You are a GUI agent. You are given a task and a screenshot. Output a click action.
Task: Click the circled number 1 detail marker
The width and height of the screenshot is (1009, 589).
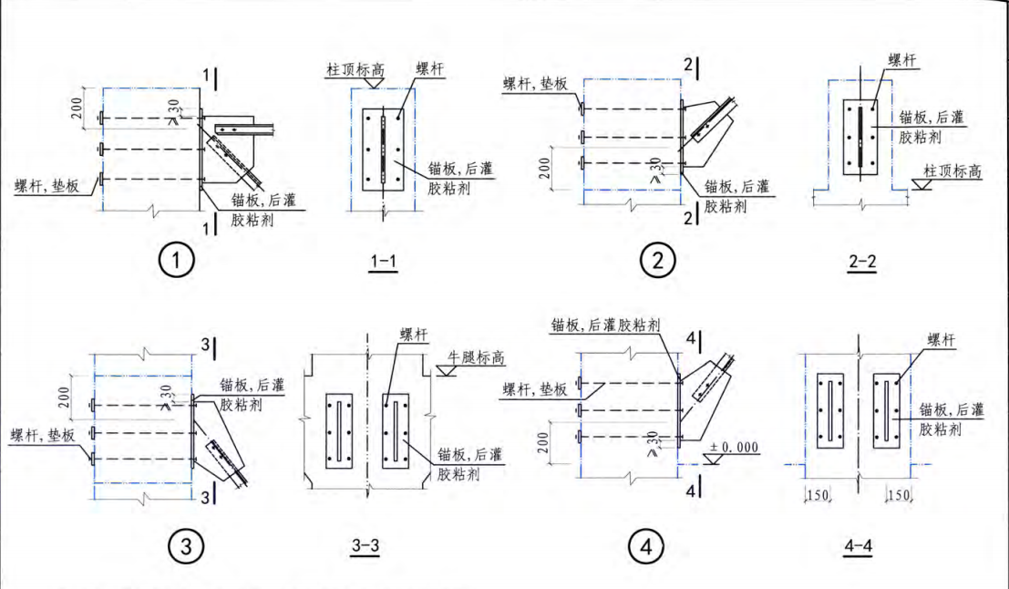pos(177,263)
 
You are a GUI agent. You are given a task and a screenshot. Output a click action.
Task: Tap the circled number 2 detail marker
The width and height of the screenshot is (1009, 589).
pos(654,262)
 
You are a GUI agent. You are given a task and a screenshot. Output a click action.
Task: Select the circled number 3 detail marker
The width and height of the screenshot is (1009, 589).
pos(186,547)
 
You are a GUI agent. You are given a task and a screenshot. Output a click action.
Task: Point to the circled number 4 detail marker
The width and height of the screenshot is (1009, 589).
pos(645,548)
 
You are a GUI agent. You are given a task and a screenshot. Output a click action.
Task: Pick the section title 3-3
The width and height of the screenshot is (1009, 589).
pos(366,546)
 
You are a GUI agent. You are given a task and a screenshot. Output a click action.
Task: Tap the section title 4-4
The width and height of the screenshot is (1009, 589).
pos(860,547)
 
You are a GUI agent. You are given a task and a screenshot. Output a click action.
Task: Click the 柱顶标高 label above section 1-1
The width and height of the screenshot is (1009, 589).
pos(360,69)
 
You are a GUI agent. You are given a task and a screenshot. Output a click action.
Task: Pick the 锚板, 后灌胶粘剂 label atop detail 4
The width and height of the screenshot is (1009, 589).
pos(605,325)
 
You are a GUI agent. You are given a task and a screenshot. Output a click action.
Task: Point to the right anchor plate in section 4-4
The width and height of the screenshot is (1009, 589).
pos(885,411)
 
